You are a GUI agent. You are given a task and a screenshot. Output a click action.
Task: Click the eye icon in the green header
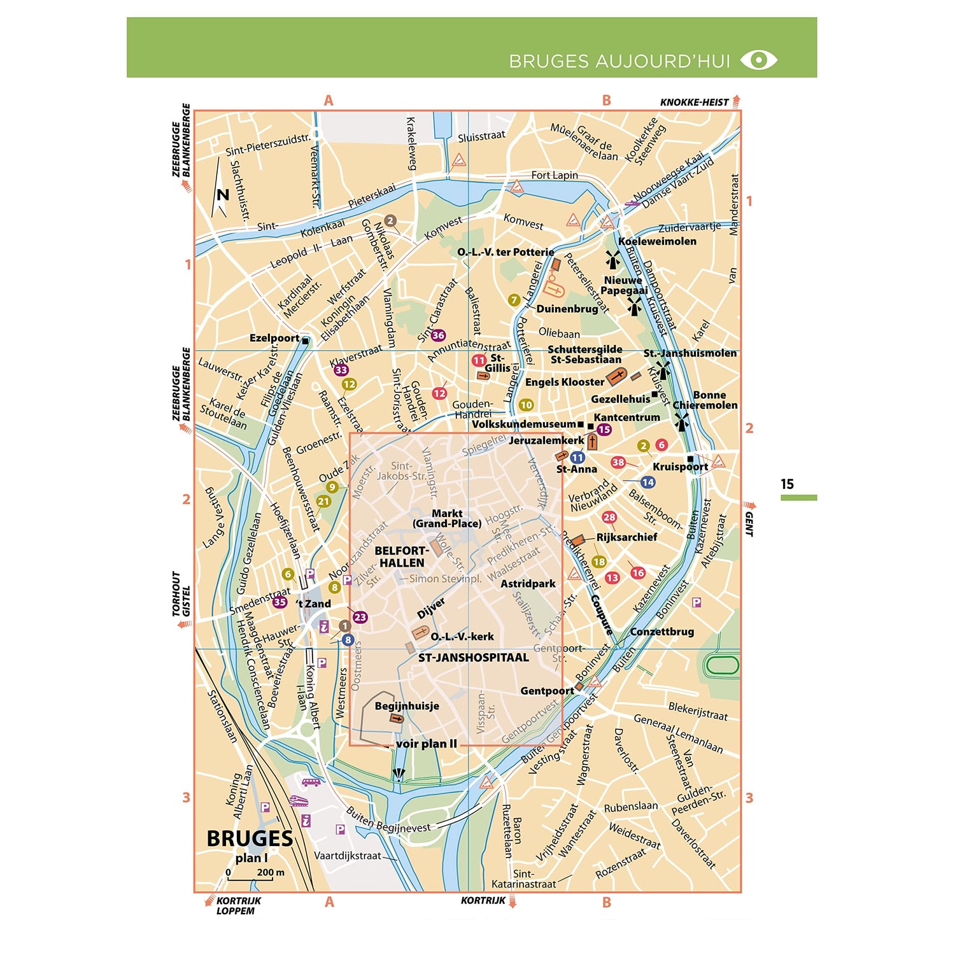point(759,60)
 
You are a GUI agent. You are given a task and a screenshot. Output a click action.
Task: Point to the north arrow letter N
point(222,194)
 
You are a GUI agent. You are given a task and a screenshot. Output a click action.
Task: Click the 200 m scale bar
point(250,879)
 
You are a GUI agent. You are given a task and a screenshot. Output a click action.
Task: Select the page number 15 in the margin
point(787,484)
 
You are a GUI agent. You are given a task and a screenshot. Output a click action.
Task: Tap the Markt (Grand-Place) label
point(447,518)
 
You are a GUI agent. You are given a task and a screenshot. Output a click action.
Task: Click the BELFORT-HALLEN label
point(401,556)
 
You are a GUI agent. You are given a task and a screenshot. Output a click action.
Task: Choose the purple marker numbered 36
point(438,335)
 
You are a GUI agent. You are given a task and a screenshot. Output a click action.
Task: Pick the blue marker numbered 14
point(647,482)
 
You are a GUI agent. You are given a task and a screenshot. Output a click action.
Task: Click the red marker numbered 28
point(609,517)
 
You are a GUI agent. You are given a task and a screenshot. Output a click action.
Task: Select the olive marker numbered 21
point(324,501)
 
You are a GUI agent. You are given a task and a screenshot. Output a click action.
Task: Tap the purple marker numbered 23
point(360,616)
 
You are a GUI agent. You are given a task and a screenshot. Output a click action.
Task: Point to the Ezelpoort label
point(274,338)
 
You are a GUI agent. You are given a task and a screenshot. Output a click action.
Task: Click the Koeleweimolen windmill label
point(657,241)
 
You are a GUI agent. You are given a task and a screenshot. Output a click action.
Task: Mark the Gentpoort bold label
point(547,691)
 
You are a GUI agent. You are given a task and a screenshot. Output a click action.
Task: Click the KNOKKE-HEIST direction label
point(694,102)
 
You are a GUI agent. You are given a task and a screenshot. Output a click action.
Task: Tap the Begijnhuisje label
point(407,705)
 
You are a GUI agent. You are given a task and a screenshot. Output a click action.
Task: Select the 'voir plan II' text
point(427,744)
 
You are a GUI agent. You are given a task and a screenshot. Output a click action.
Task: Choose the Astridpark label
point(528,584)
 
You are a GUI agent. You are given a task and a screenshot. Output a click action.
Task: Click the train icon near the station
point(299,800)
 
